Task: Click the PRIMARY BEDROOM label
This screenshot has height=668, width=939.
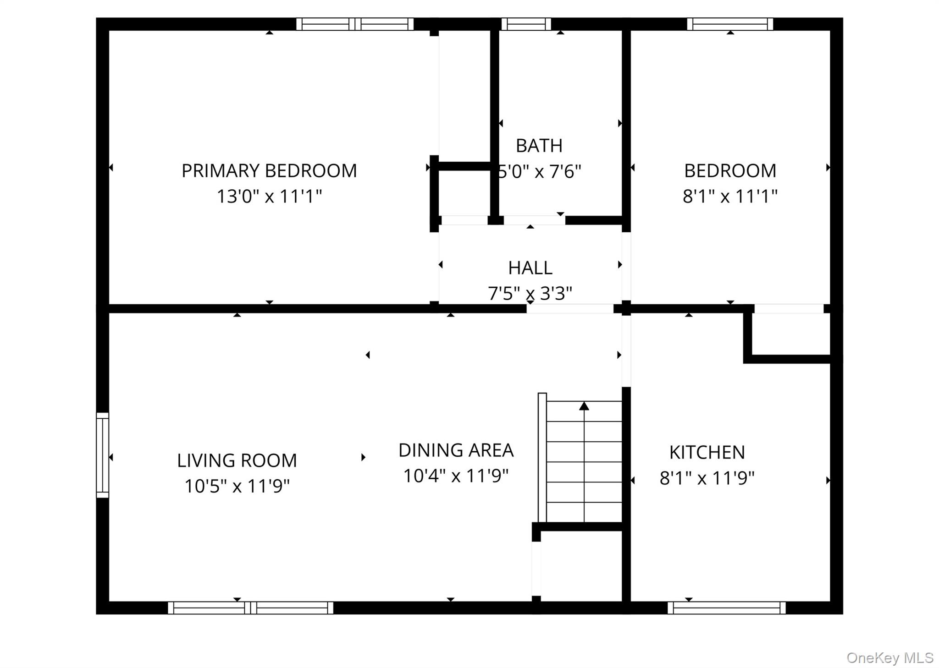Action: point(269,171)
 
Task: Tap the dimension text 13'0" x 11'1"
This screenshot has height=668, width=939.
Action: point(269,197)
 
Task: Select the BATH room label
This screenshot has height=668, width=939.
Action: point(539,146)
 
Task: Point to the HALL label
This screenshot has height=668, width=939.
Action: point(530,268)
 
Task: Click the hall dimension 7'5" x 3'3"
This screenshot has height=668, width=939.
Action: point(530,293)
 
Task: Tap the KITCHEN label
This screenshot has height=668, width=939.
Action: point(707,453)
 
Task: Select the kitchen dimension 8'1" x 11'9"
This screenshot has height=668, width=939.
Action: point(707,478)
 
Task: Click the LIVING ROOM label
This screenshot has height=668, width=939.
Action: point(237,460)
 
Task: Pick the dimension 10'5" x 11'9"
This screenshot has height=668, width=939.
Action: point(237,486)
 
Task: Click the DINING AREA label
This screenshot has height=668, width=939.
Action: point(456,450)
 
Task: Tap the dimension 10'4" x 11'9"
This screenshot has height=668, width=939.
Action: point(456,476)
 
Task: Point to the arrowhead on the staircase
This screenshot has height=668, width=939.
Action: point(584,406)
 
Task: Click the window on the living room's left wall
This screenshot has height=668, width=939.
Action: point(102,455)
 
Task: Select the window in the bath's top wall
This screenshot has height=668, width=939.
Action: point(526,24)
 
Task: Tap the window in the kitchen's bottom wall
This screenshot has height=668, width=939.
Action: point(726,608)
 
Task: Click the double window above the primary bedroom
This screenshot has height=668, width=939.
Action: point(355,24)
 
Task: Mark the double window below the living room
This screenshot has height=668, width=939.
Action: point(250,608)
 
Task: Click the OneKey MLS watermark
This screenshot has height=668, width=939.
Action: point(889,658)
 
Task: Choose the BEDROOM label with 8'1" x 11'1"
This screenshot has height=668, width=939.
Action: point(730,171)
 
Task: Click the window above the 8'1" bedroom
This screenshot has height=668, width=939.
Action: point(730,24)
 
